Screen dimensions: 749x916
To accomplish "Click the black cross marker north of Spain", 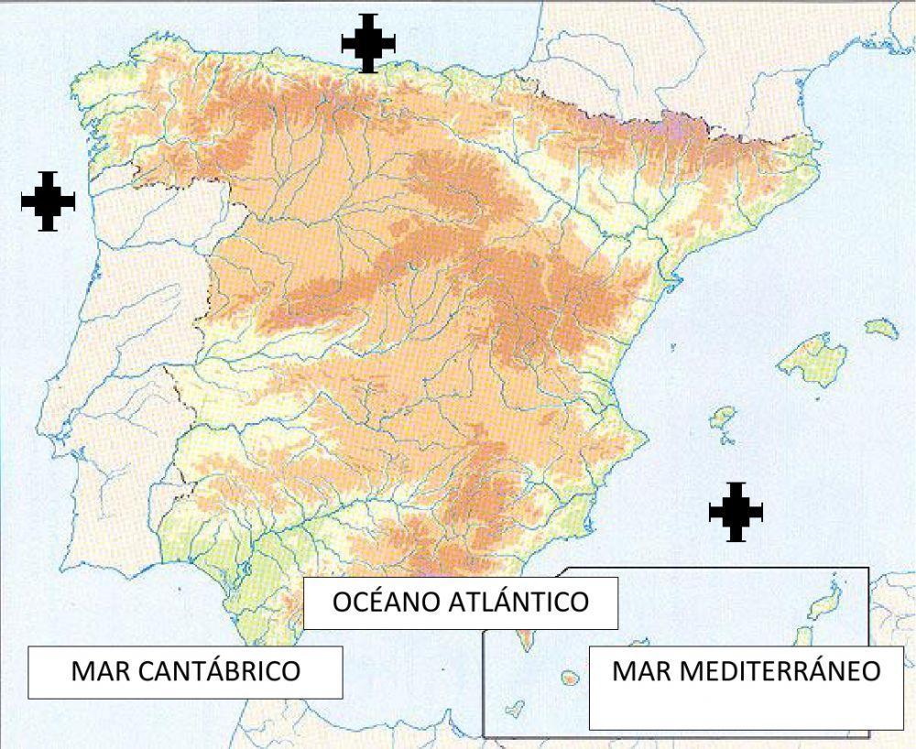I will point(368,43).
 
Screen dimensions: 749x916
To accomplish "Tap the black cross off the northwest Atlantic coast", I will point(48,201).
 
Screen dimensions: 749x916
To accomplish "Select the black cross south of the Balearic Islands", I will point(736,512).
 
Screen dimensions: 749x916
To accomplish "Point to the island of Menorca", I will point(881,327).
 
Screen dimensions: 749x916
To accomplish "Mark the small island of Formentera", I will point(730,440).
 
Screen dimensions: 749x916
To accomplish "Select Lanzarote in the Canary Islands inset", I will point(830,593).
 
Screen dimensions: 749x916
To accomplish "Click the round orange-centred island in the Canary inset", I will point(569,678).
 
